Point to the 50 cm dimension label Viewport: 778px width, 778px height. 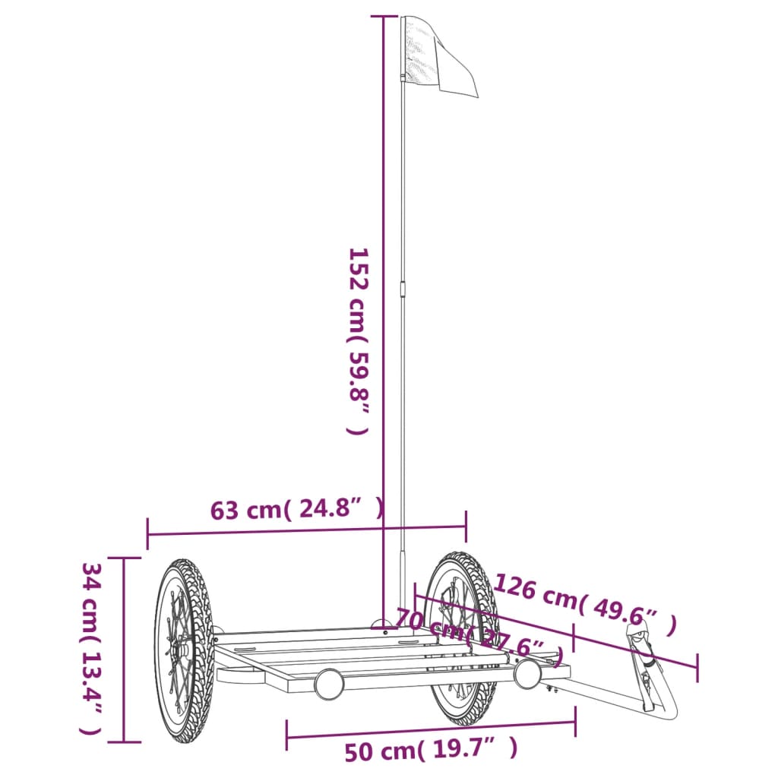[x=431, y=751]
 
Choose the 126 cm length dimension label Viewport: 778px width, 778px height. [x=584, y=604]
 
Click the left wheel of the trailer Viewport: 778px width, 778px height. [x=183, y=650]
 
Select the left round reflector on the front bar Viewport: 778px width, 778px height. [x=329, y=684]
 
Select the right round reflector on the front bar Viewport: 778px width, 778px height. [x=527, y=673]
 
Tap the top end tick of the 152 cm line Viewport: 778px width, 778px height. [x=384, y=16]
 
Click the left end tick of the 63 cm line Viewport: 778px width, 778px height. [x=147, y=534]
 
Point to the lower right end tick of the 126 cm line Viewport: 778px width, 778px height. [x=696, y=668]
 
